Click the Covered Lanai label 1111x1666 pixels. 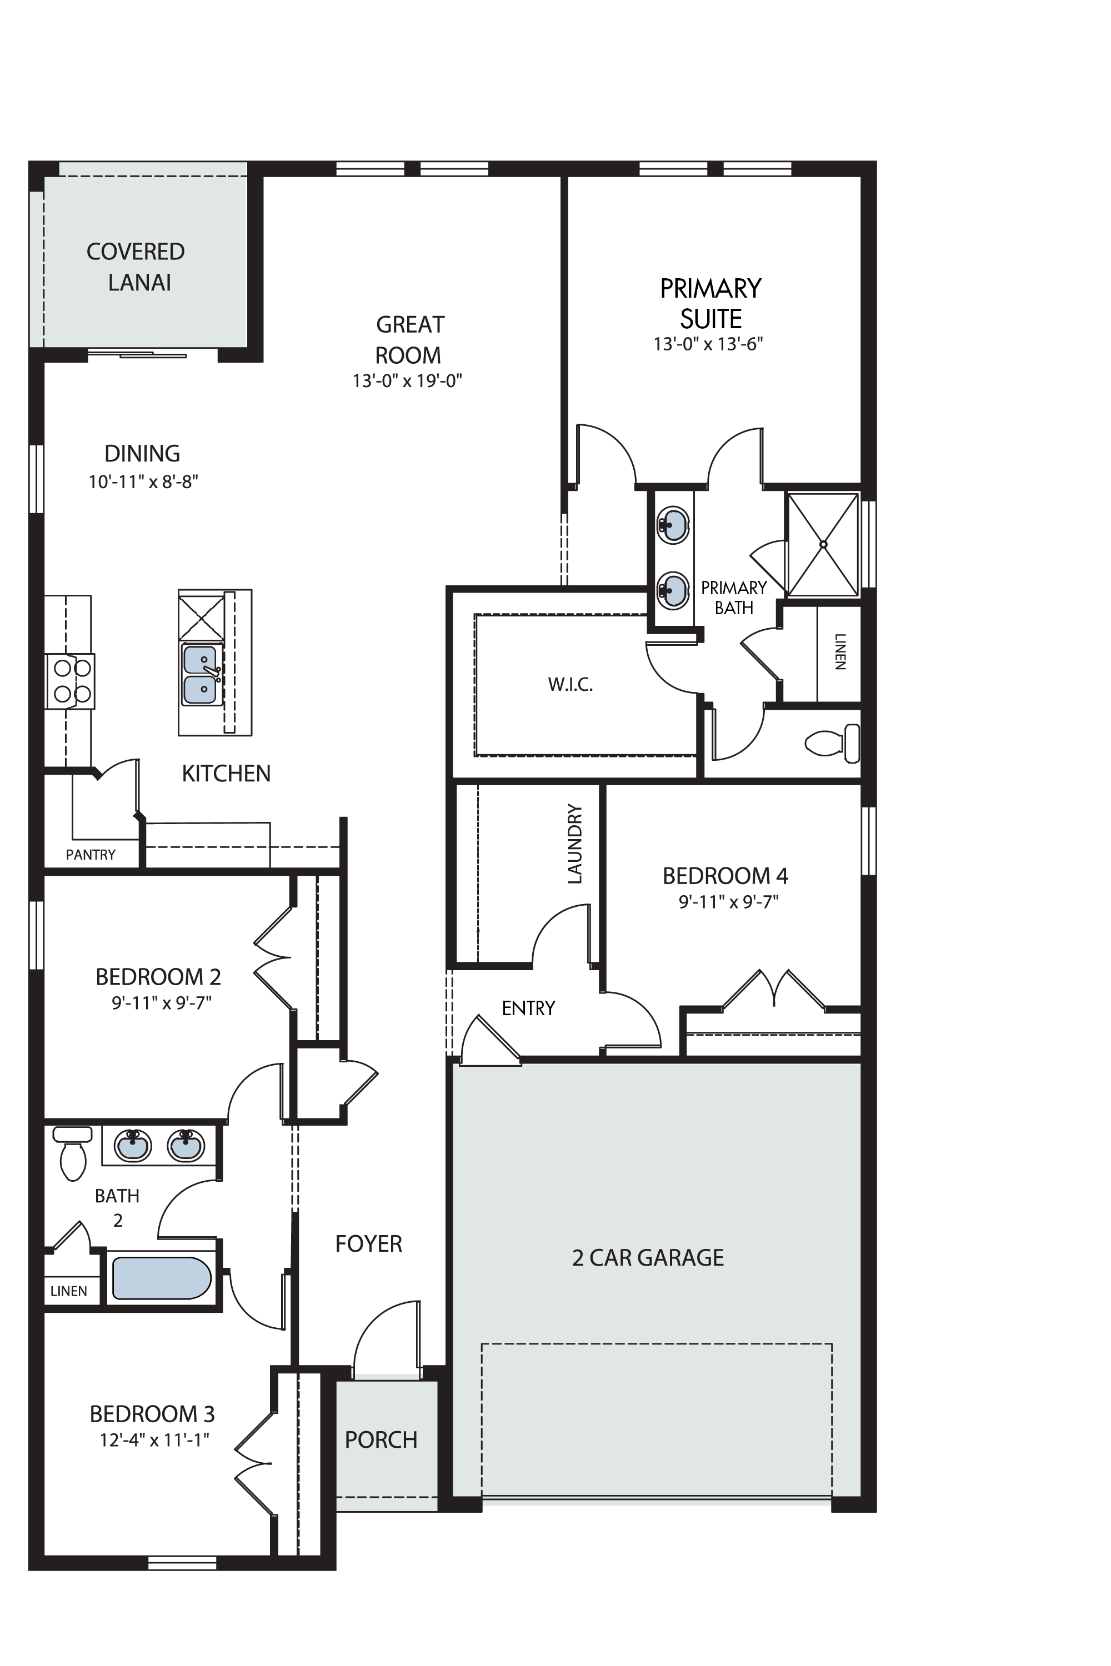tap(136, 267)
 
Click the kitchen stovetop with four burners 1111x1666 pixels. tap(70, 681)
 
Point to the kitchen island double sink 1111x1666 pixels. tap(201, 674)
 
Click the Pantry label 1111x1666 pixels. tap(91, 855)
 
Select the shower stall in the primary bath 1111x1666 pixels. tap(823, 545)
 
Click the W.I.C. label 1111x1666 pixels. tap(570, 685)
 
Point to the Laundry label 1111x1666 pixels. tap(574, 844)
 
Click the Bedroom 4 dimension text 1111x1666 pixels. tap(728, 902)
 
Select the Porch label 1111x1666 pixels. tap(381, 1440)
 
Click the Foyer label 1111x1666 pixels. tap(368, 1244)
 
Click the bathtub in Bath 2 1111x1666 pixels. tap(162, 1278)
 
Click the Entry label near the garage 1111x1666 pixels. tap(529, 1008)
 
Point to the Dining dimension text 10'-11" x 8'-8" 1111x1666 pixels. tap(143, 483)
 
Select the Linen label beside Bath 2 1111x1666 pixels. tap(69, 1291)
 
